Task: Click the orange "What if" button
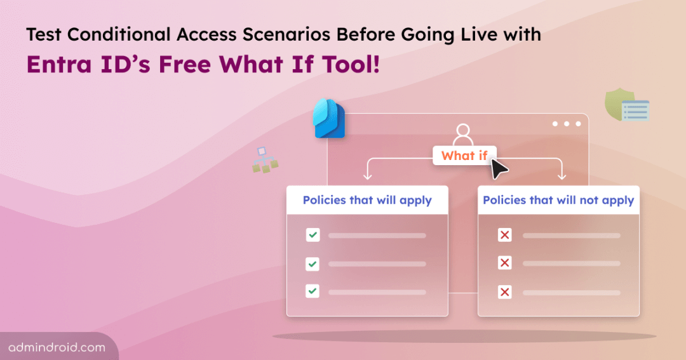[x=464, y=156]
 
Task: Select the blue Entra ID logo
[x=329, y=119]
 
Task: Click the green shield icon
[x=619, y=107]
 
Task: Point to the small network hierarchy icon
[x=265, y=160]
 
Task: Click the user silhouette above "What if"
[x=463, y=135]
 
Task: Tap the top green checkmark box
[x=313, y=236]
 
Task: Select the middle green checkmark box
[x=313, y=263]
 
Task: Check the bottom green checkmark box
[x=313, y=291]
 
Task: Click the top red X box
[x=505, y=236]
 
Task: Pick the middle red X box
[x=505, y=263]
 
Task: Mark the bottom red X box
[x=505, y=292]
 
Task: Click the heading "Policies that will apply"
[x=367, y=200]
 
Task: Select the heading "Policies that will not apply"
[x=558, y=200]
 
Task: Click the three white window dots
[x=567, y=124]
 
